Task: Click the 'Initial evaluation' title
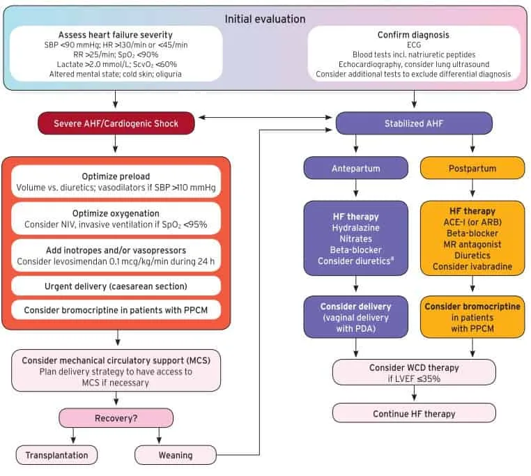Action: coord(265,19)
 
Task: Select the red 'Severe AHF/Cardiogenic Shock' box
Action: coord(116,123)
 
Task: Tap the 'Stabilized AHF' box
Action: coord(414,123)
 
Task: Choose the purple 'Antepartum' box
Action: coord(356,168)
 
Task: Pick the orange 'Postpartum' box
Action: coord(472,168)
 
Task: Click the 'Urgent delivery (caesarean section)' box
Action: coord(116,286)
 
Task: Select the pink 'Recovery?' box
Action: coord(116,418)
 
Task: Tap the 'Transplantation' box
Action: coord(56,455)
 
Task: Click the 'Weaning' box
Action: coord(176,455)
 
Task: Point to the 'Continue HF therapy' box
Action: coord(414,413)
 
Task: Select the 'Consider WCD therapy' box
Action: coord(414,372)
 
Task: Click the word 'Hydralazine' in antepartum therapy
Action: coord(356,228)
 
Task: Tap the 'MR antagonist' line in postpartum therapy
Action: coord(472,244)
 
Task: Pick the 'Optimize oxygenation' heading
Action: coord(116,213)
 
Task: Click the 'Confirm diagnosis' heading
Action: coord(413,35)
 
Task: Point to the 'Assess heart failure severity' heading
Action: coord(116,35)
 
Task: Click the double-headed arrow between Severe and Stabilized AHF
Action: coord(265,117)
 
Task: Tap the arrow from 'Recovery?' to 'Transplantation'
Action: coord(73,436)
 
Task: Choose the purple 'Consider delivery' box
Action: coord(356,317)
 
